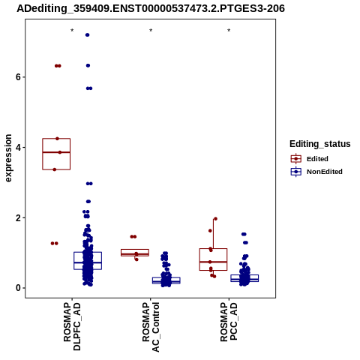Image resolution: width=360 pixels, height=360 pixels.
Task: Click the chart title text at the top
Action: click(x=151, y=9)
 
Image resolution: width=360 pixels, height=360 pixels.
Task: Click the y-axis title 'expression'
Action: click(x=8, y=158)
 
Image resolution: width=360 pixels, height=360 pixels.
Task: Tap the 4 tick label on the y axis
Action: click(x=18, y=147)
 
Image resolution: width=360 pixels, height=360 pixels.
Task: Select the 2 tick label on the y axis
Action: click(x=18, y=217)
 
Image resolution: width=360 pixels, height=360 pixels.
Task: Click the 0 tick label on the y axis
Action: click(x=18, y=288)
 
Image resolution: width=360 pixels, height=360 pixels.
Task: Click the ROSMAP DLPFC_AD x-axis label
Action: click(x=72, y=326)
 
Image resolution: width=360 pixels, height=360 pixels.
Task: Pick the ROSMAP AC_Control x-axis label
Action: click(x=151, y=327)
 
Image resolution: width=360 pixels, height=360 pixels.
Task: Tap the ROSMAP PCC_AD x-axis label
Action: click(x=229, y=322)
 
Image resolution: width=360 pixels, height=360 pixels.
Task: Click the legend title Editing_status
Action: click(x=320, y=144)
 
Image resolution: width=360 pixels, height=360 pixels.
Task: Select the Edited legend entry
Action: click(x=310, y=159)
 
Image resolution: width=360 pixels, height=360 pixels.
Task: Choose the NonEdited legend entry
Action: click(x=316, y=172)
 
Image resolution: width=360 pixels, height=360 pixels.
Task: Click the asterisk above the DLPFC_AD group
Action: click(x=72, y=31)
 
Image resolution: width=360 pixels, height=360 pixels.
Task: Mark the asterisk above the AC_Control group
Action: click(x=151, y=31)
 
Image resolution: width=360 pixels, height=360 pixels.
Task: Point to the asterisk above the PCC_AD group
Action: click(x=229, y=31)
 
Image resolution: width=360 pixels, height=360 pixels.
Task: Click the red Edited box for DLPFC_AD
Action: click(x=56, y=139)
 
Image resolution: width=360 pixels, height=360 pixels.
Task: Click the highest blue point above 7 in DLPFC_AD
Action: click(x=87, y=35)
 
